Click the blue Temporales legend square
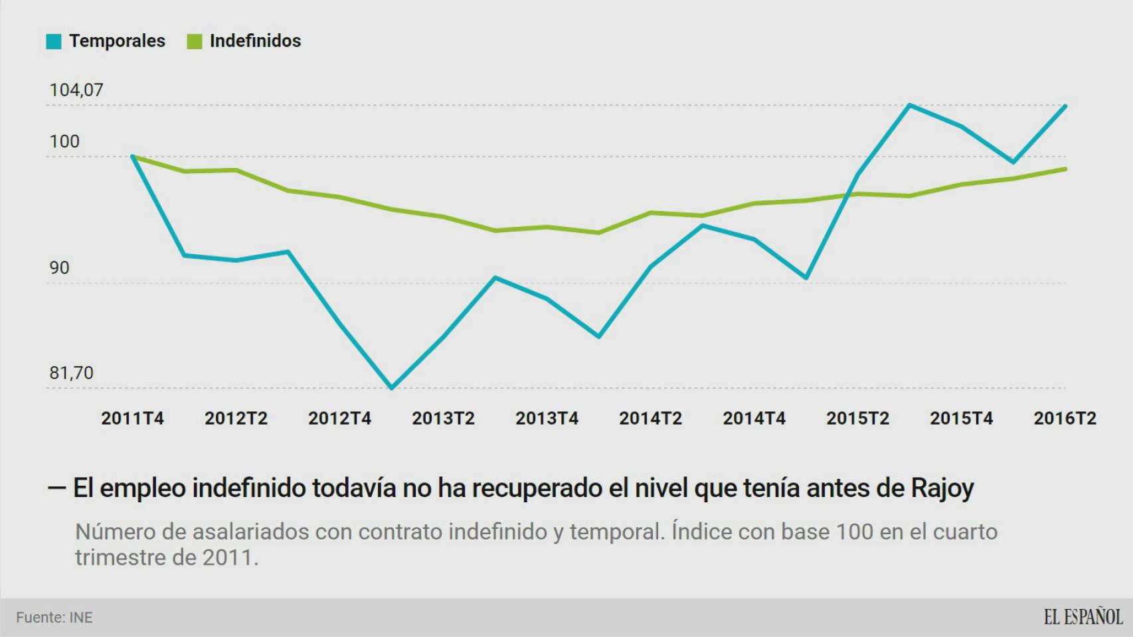pyautogui.click(x=54, y=41)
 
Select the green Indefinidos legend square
pyautogui.click(x=195, y=41)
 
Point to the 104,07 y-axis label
pyautogui.click(x=76, y=90)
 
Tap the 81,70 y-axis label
pyautogui.click(x=71, y=373)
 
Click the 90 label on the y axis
pyautogui.click(x=59, y=268)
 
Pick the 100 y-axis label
pyautogui.click(x=64, y=142)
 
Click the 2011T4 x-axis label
pyautogui.click(x=132, y=419)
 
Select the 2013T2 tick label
pyautogui.click(x=443, y=419)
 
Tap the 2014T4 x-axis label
pyautogui.click(x=754, y=419)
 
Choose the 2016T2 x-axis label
pyautogui.click(x=1065, y=419)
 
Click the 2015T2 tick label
pyautogui.click(x=857, y=419)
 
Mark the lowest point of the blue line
pyautogui.click(x=392, y=388)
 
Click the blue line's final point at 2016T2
pyautogui.click(x=1065, y=106)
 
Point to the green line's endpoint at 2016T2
pyautogui.click(x=1065, y=169)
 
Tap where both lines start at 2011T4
pyautogui.click(x=133, y=157)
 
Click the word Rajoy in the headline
pyautogui.click(x=942, y=488)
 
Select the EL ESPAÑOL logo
pyautogui.click(x=1083, y=617)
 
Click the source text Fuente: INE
pyautogui.click(x=54, y=618)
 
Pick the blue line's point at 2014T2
pyautogui.click(x=651, y=267)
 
